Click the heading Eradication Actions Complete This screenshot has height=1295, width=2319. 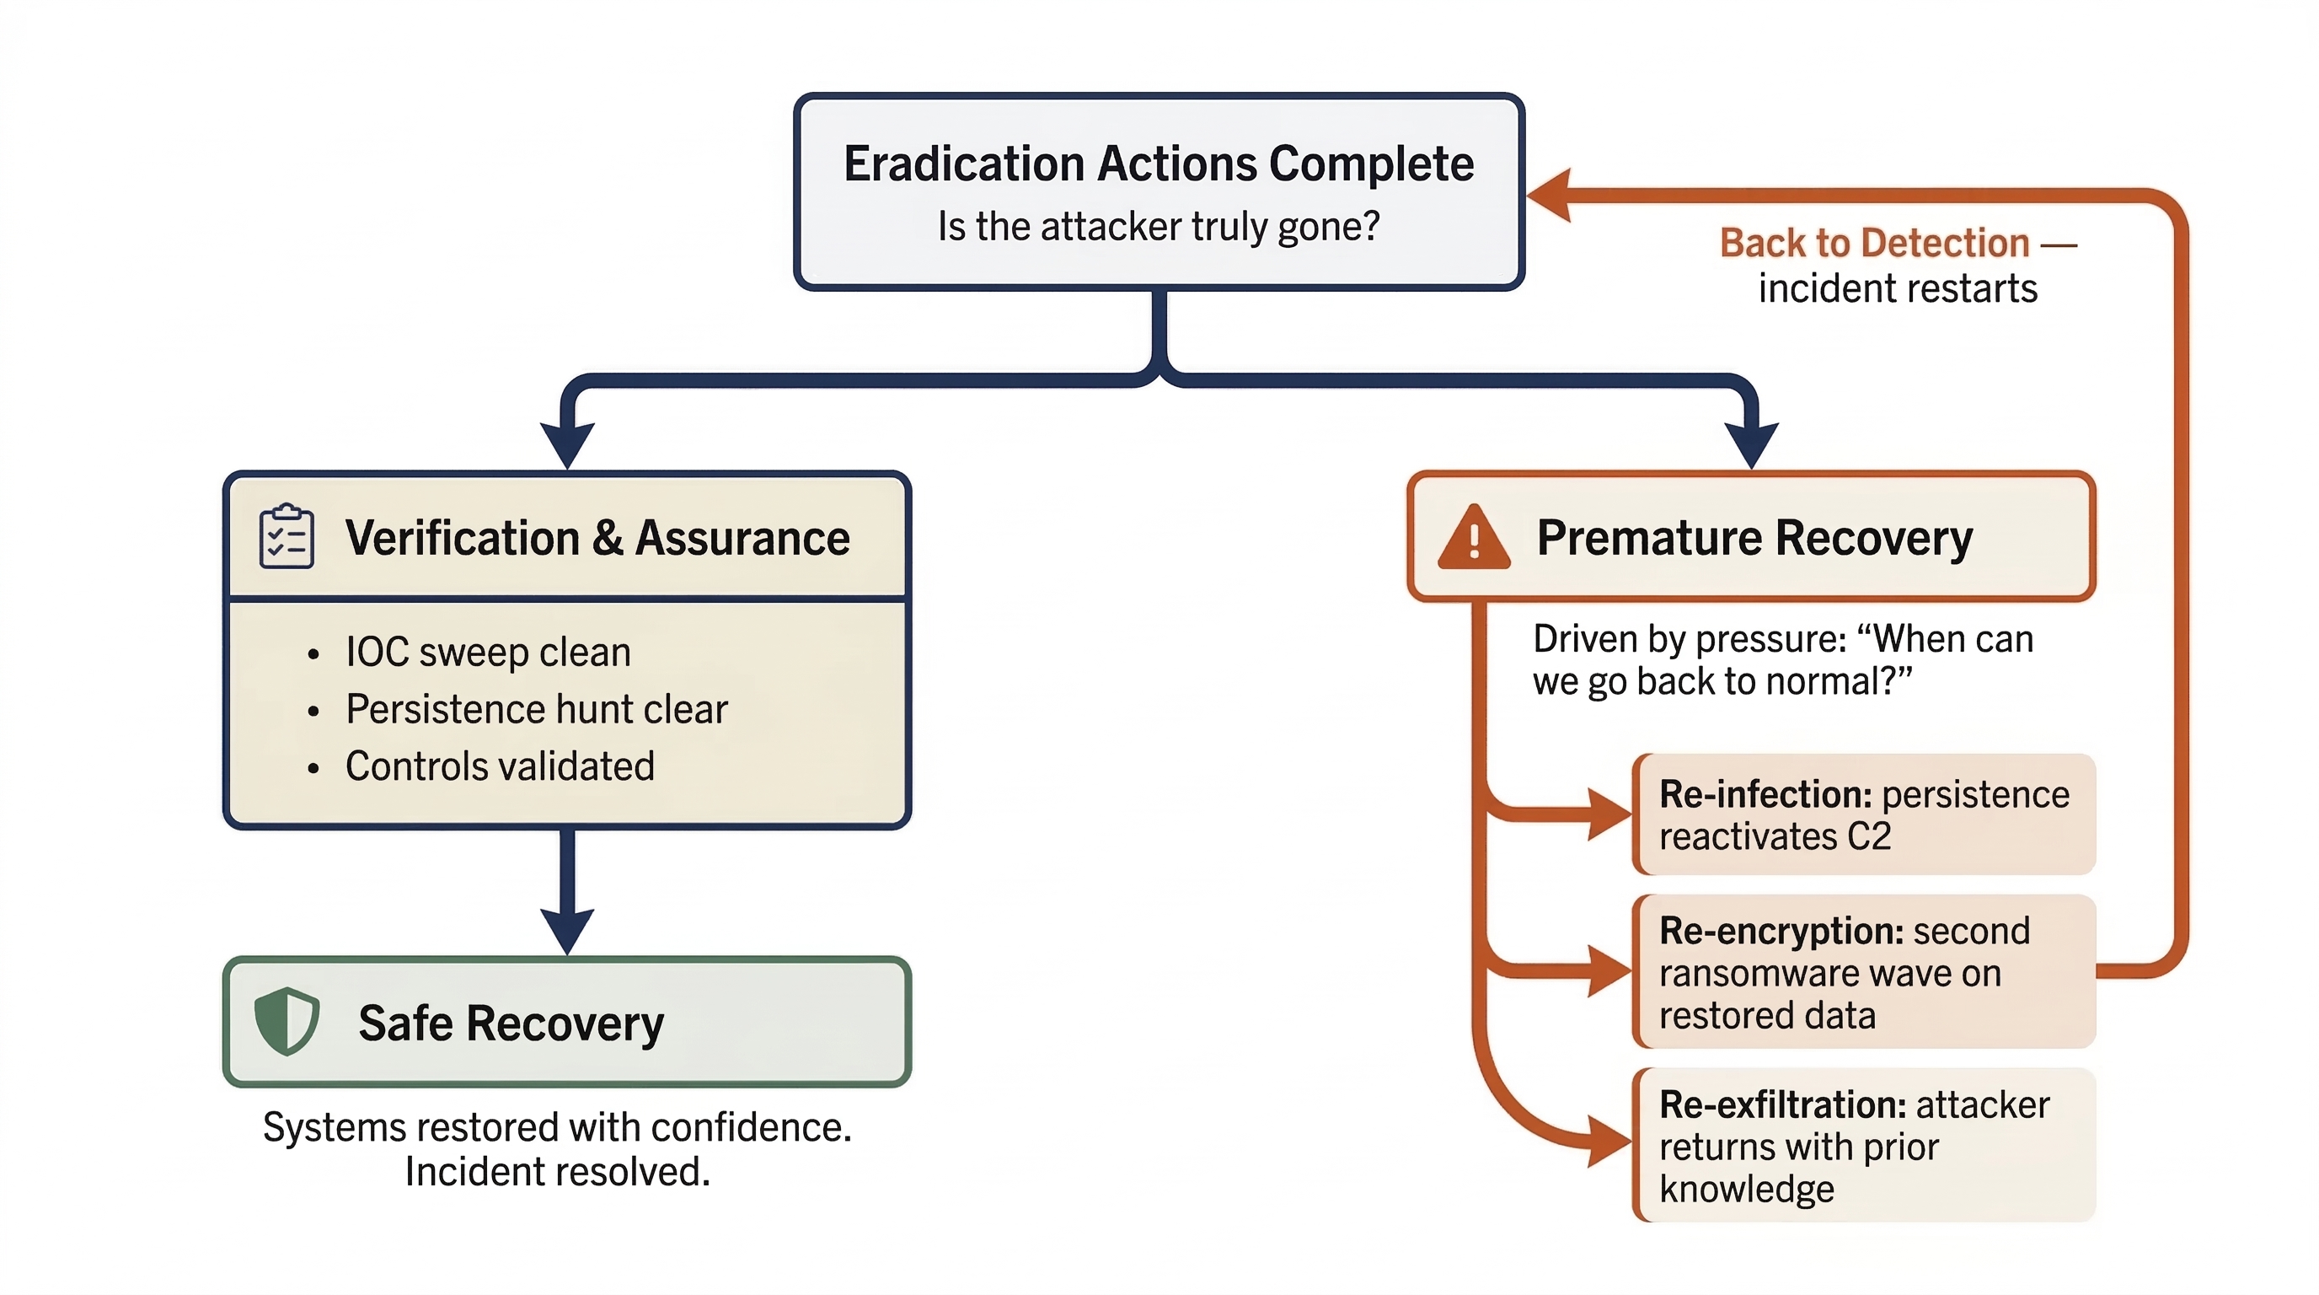[x=1158, y=164]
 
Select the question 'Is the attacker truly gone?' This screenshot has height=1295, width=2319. [x=1158, y=226]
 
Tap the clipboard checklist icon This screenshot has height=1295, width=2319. [x=287, y=537]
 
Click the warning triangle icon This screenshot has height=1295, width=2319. [x=1473, y=539]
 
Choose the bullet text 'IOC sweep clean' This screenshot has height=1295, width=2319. [x=488, y=652]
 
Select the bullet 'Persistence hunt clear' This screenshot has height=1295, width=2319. [x=536, y=710]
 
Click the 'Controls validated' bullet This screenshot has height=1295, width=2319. [x=500, y=766]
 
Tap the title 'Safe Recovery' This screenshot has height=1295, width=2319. [x=511, y=1023]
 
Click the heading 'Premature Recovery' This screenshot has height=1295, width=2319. [x=1754, y=538]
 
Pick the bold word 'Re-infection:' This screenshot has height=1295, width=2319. [x=1765, y=794]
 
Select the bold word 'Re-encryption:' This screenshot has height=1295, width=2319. [x=1781, y=931]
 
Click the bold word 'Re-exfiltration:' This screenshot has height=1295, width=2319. [x=1782, y=1104]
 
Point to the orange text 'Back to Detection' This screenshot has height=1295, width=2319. [x=1873, y=243]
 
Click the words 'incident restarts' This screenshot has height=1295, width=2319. [x=1897, y=289]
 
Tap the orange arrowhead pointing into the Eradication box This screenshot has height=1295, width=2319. [x=1550, y=195]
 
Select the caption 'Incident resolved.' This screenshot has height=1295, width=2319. [x=557, y=1172]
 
